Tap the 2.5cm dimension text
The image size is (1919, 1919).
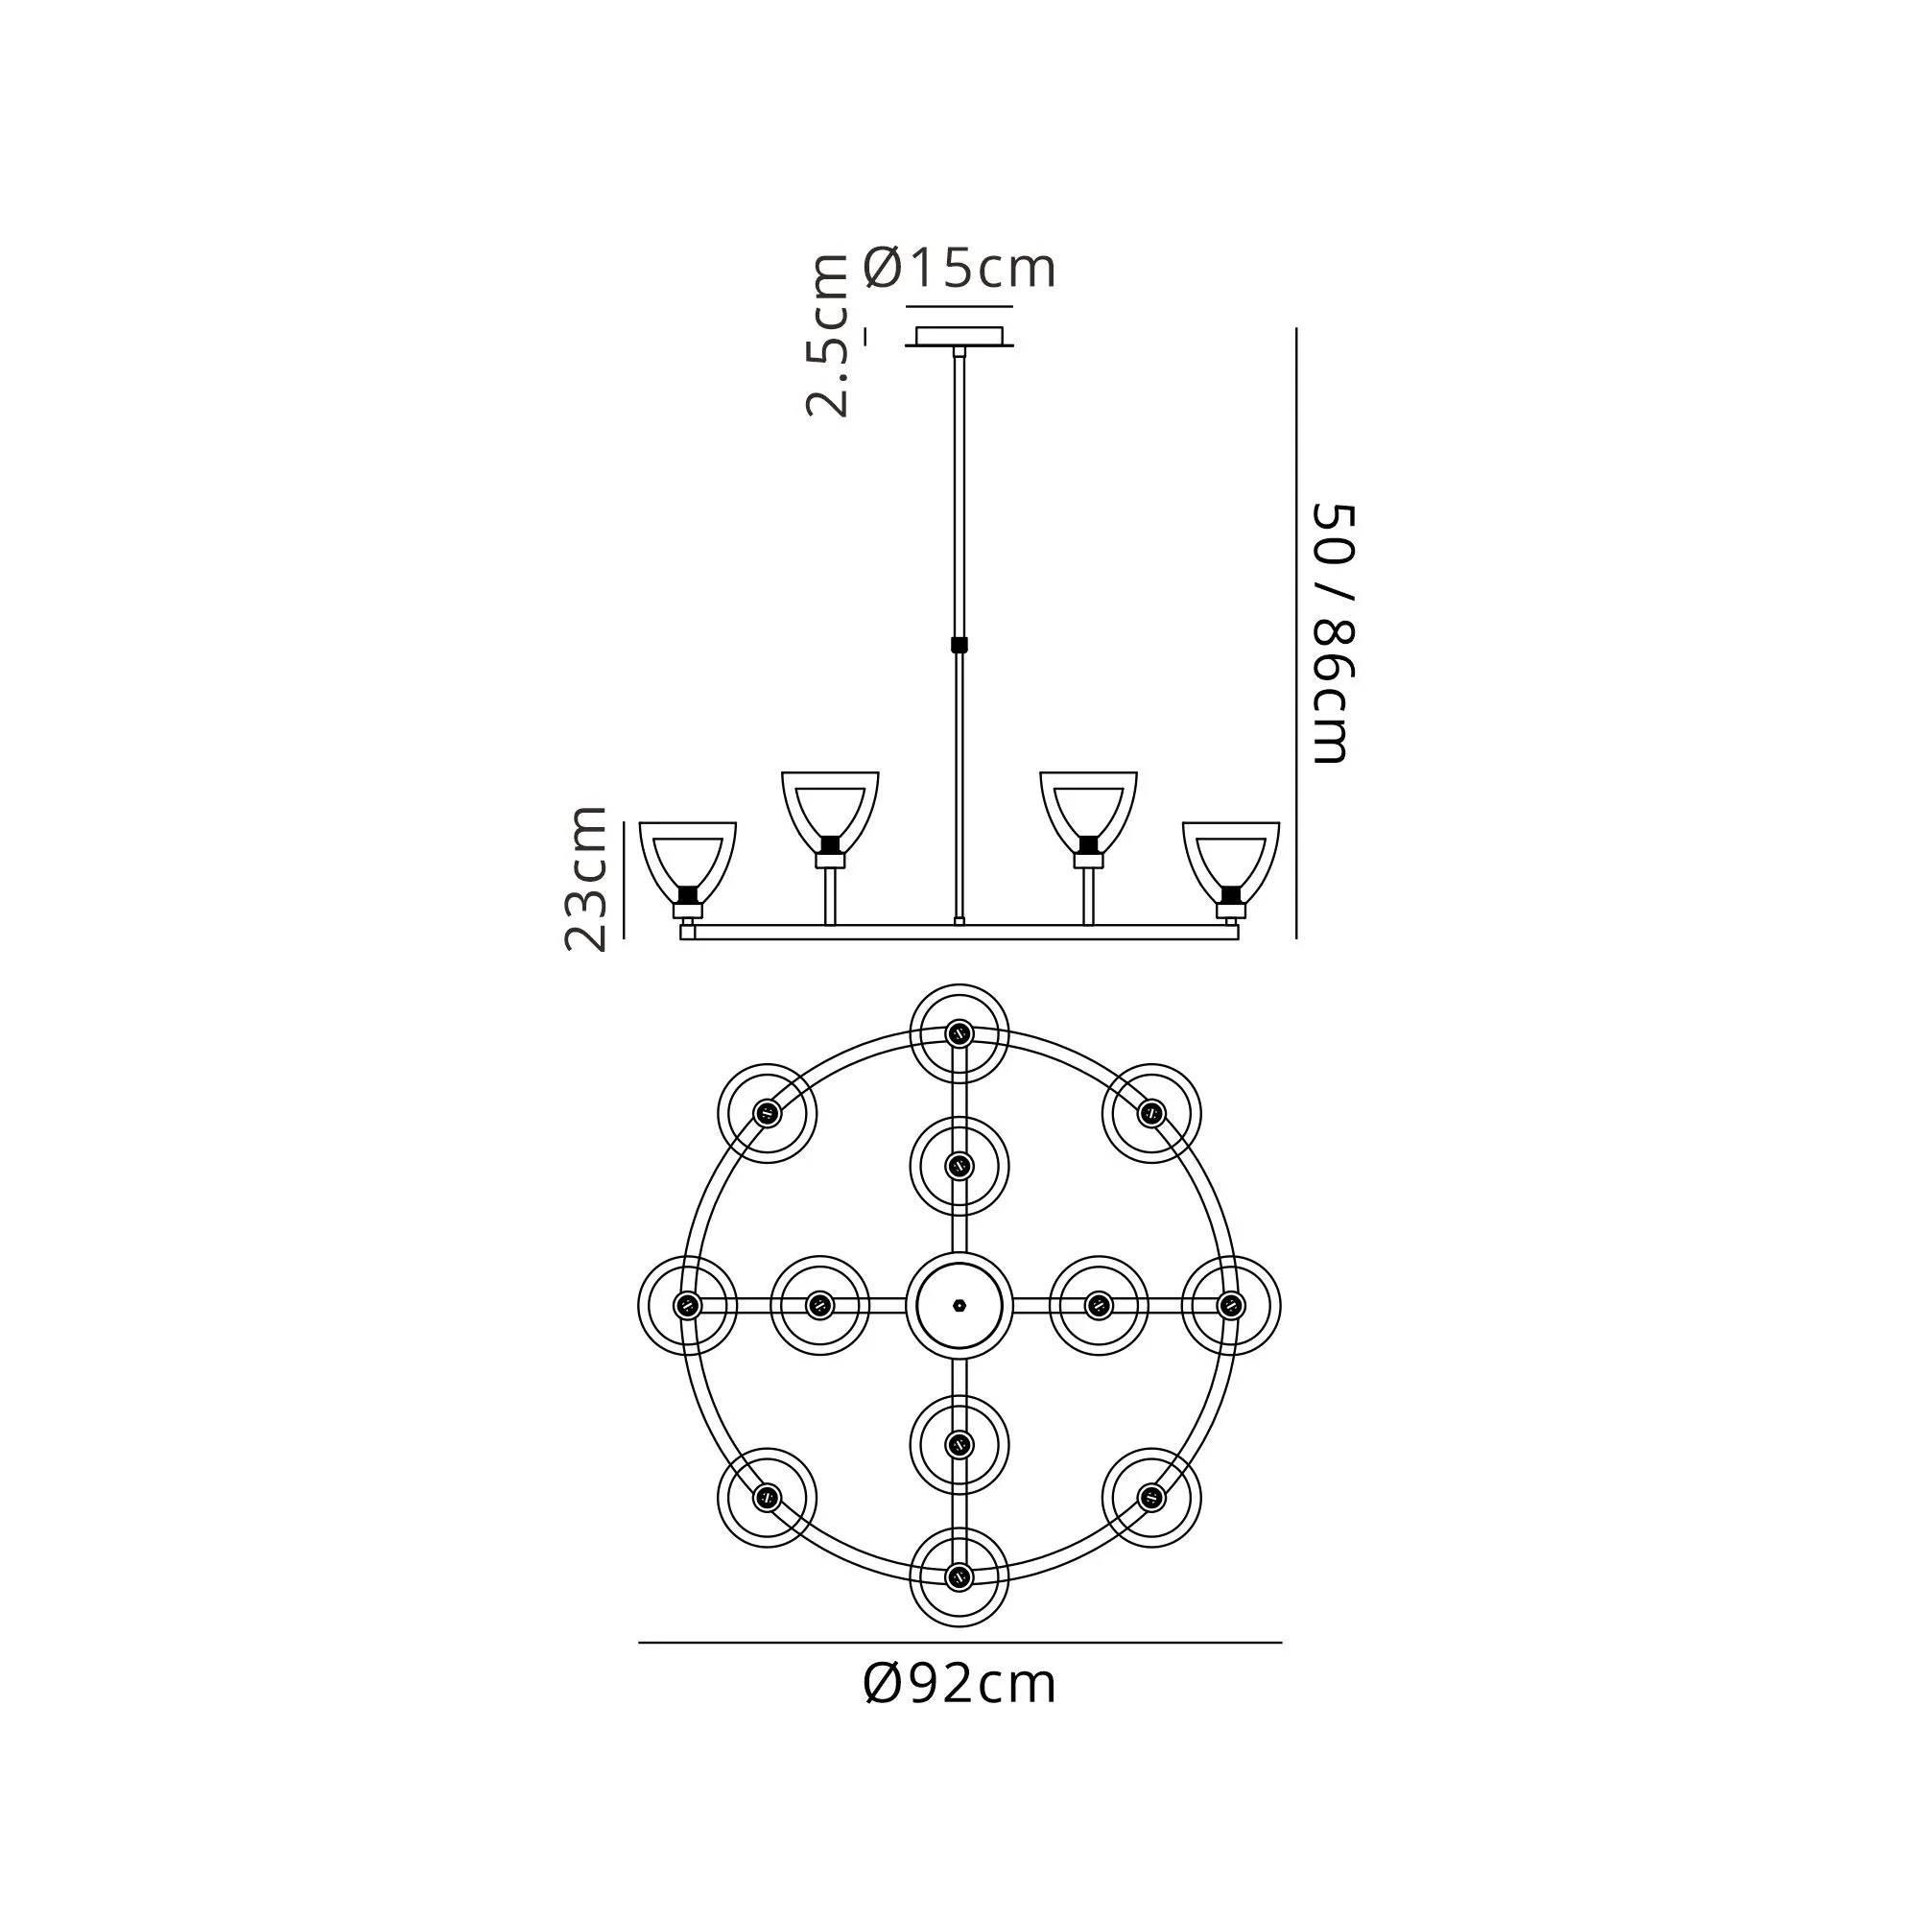point(827,336)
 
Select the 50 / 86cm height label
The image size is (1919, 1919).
point(1333,633)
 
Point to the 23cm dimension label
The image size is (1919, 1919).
point(585,878)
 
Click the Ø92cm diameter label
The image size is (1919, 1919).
point(959,1684)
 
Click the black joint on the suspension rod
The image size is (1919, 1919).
point(959,645)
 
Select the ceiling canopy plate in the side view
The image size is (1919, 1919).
point(959,337)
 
